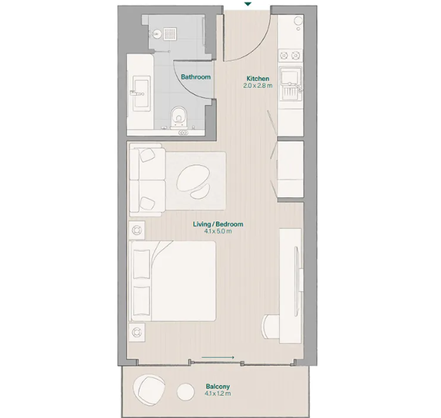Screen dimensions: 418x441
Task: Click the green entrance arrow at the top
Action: tap(248, 4)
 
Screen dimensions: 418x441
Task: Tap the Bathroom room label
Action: tap(195, 76)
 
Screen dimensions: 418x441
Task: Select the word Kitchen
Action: tap(258, 78)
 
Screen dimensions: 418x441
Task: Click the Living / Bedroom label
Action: tap(218, 224)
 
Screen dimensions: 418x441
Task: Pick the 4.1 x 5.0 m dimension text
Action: tap(218, 231)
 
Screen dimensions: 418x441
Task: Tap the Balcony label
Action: tap(218, 386)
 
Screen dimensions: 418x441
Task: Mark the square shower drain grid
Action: tap(170, 34)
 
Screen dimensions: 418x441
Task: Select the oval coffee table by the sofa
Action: tap(194, 179)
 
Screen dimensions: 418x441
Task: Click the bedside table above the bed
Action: tap(137, 231)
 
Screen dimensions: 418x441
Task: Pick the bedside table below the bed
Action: tap(137, 332)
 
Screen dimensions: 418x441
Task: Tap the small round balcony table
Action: tap(185, 392)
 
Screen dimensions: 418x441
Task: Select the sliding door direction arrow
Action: tap(218, 357)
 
